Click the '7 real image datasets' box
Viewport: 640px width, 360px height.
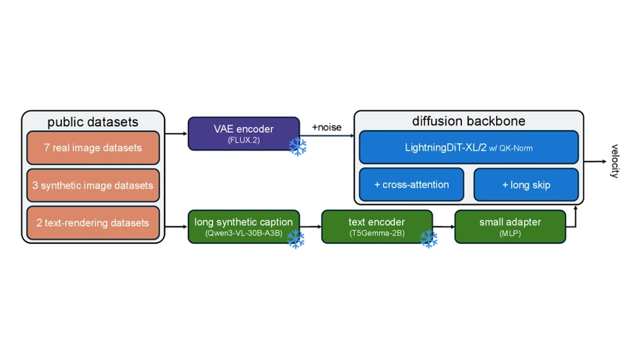93,148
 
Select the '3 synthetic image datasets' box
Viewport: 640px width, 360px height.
93,186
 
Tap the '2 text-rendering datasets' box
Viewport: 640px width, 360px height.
93,223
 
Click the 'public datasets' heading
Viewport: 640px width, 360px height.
93,122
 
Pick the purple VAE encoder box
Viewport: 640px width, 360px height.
244,134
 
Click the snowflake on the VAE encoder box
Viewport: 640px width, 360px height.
298,147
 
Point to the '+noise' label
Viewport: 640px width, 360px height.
327,127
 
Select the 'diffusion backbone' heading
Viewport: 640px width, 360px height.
469,121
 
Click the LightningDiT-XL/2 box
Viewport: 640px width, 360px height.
469,147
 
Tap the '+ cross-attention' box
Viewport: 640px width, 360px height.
411,185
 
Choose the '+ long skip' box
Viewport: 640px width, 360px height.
526,185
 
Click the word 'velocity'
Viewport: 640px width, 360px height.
614,161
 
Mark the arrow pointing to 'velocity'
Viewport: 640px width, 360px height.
595,162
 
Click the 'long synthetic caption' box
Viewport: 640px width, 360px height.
244,227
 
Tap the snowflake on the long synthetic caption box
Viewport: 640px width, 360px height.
295,239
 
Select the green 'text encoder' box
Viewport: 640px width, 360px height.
377,227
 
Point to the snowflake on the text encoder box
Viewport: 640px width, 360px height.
429,239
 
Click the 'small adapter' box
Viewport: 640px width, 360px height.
510,227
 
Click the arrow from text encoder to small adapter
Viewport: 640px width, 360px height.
444,227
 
